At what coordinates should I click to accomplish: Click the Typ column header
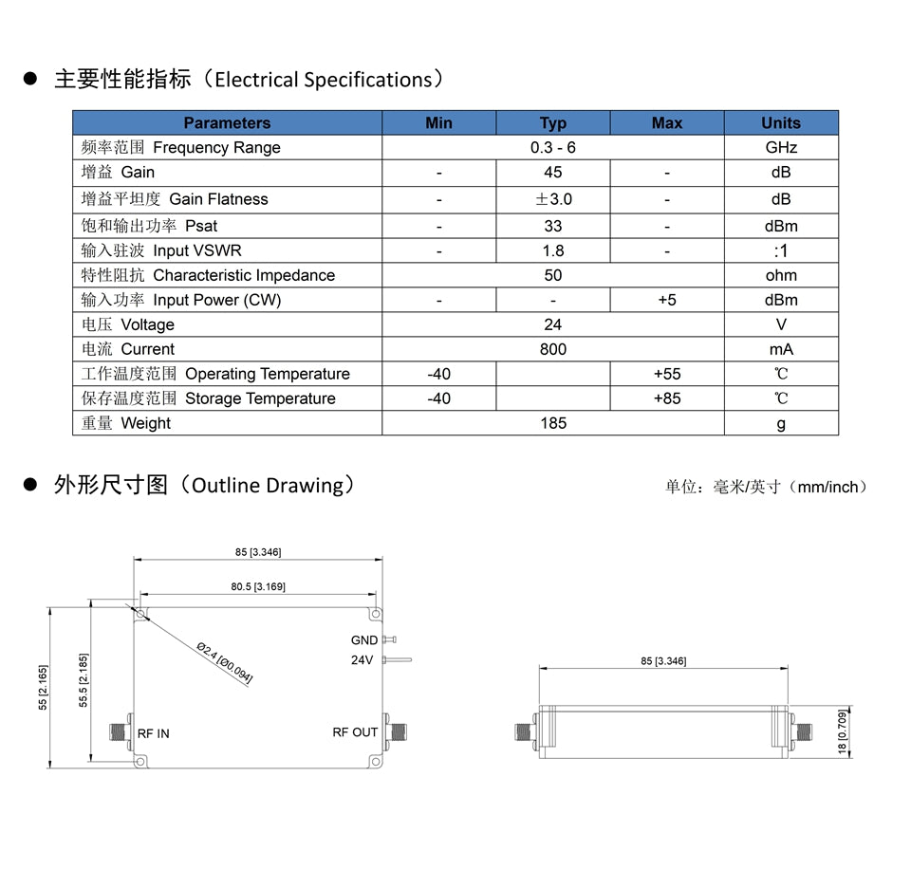(x=552, y=123)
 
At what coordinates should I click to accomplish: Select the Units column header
(x=780, y=123)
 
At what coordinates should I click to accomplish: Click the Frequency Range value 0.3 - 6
(x=552, y=148)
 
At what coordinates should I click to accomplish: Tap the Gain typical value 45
(x=552, y=173)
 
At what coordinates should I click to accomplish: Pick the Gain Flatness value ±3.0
(x=552, y=199)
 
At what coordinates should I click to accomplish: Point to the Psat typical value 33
(x=552, y=226)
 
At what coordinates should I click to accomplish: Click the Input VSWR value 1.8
(x=552, y=250)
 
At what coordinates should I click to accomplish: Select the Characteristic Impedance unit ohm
(x=780, y=275)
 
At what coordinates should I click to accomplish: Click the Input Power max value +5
(x=666, y=300)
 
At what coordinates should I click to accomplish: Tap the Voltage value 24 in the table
(x=552, y=324)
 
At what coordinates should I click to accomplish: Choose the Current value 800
(x=552, y=349)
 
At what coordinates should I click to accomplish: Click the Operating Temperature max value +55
(x=666, y=374)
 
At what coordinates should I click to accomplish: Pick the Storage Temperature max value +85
(x=666, y=398)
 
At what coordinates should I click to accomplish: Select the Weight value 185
(x=552, y=423)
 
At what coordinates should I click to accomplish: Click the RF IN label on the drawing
(x=154, y=733)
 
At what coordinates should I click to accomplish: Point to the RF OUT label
(x=355, y=732)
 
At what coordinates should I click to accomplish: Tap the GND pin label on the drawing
(x=363, y=640)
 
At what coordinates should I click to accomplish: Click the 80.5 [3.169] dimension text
(x=257, y=586)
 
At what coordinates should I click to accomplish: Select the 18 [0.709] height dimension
(x=844, y=732)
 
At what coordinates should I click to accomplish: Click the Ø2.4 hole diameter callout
(x=225, y=660)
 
